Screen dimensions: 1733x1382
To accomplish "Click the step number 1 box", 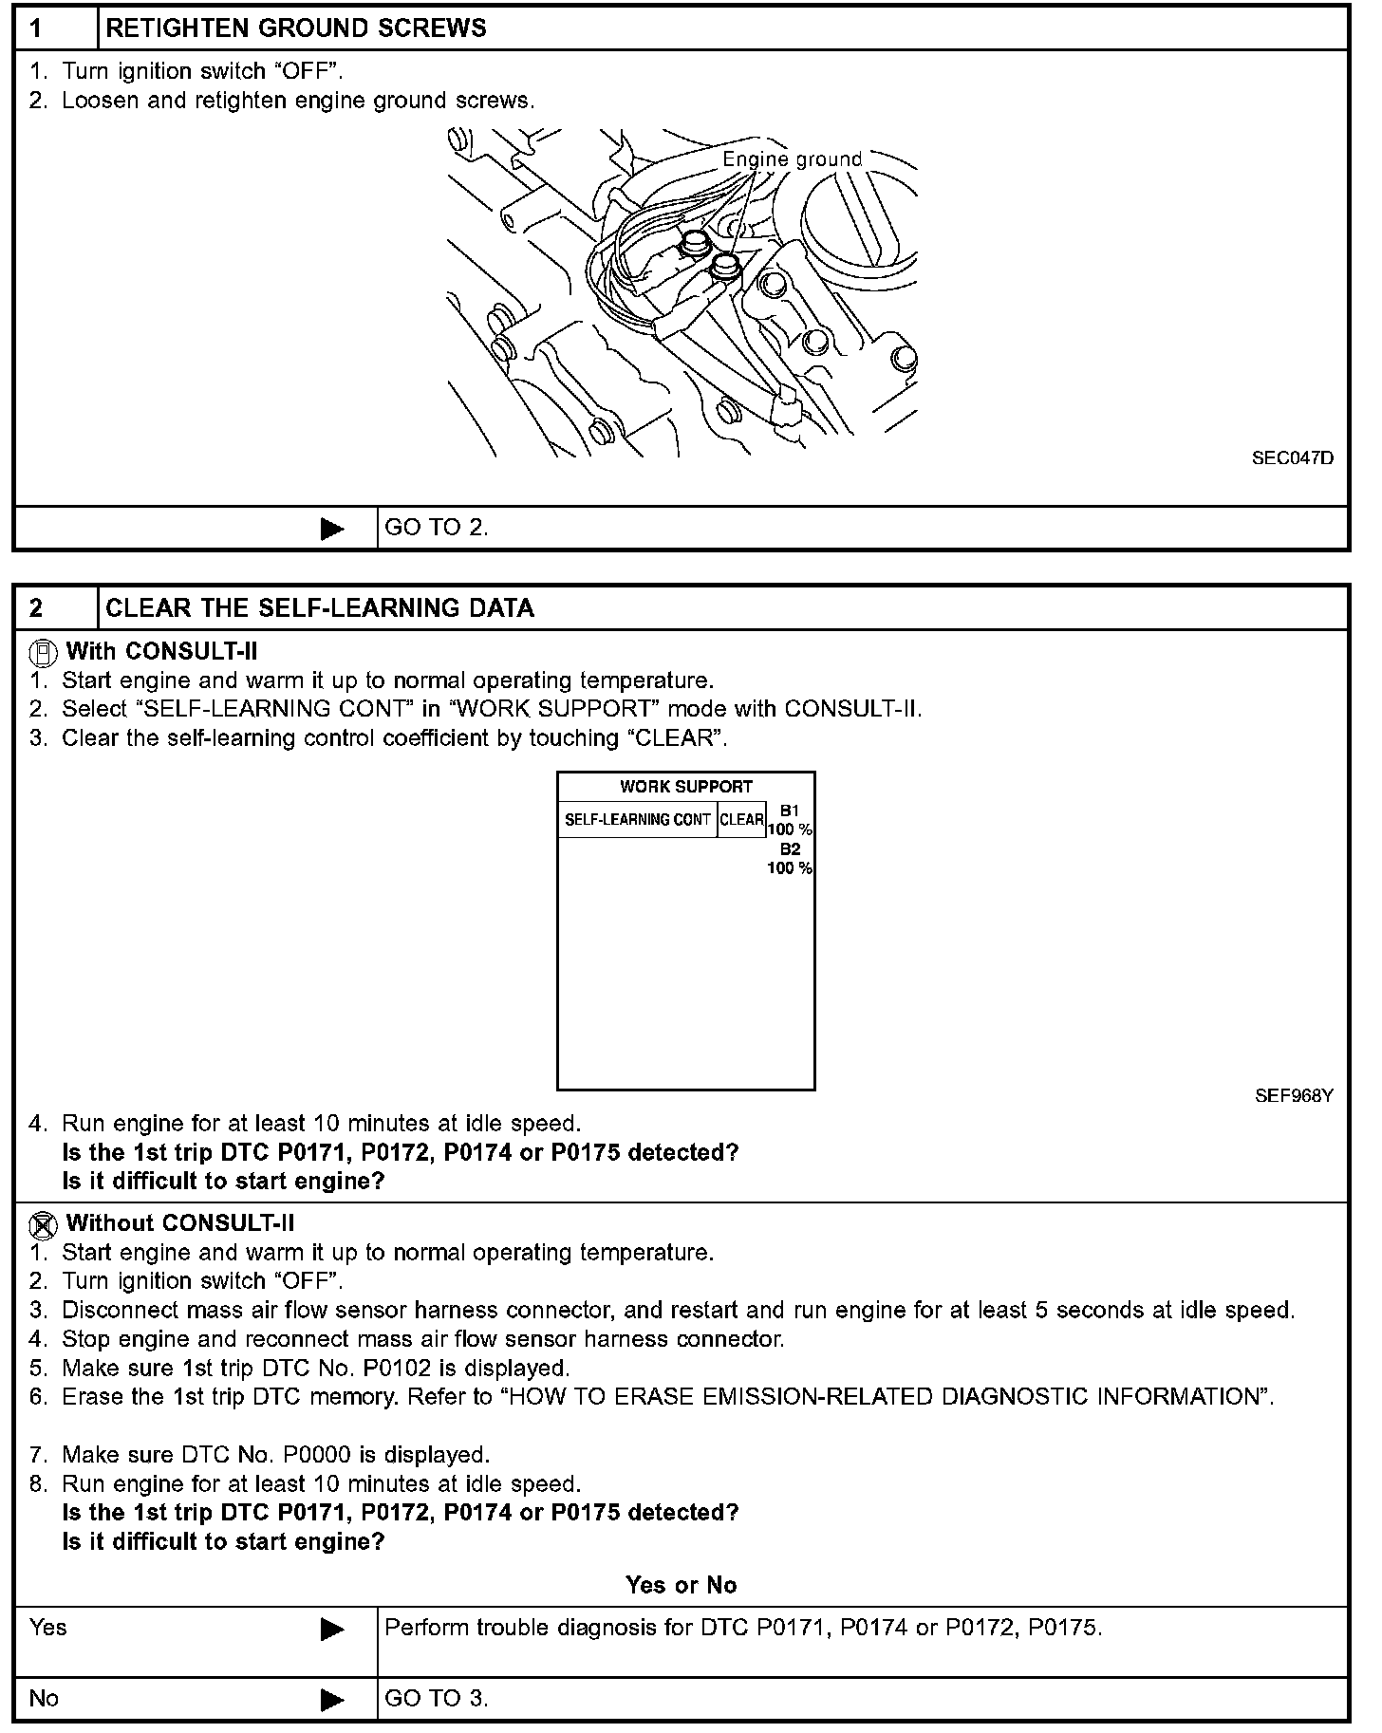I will [x=55, y=28].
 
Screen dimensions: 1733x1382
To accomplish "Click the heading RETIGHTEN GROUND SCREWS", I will [x=296, y=28].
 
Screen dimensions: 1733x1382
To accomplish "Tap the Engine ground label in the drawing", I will [x=792, y=158].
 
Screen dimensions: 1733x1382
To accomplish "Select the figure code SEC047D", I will [x=1292, y=458].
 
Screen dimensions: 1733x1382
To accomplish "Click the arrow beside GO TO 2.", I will [x=332, y=529].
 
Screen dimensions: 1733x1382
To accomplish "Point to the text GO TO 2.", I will [x=437, y=529].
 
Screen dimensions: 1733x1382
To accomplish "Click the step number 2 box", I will [x=55, y=608].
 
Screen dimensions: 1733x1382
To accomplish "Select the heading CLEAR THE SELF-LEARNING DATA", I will [x=320, y=608].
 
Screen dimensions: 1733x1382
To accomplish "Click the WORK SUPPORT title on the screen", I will [x=685, y=787].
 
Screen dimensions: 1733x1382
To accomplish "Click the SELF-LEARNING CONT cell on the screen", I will [x=638, y=819].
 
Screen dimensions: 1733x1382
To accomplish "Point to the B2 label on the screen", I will [x=790, y=849].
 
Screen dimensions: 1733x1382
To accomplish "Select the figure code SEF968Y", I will [x=1293, y=1096].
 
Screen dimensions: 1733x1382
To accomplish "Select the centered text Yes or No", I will [x=681, y=1585].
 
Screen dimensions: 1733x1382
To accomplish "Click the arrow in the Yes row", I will [x=332, y=1630].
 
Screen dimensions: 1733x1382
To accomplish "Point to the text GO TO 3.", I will [x=437, y=1698].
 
